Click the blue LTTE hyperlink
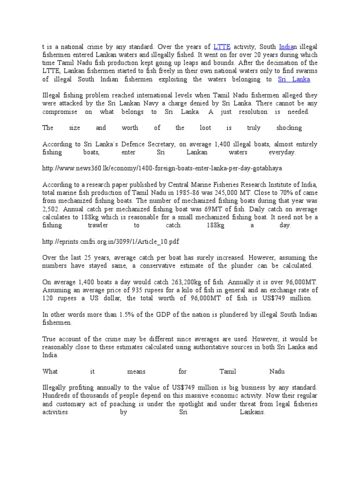pos(222,47)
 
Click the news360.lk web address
pos(162,168)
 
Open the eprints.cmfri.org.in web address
pos(111,241)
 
